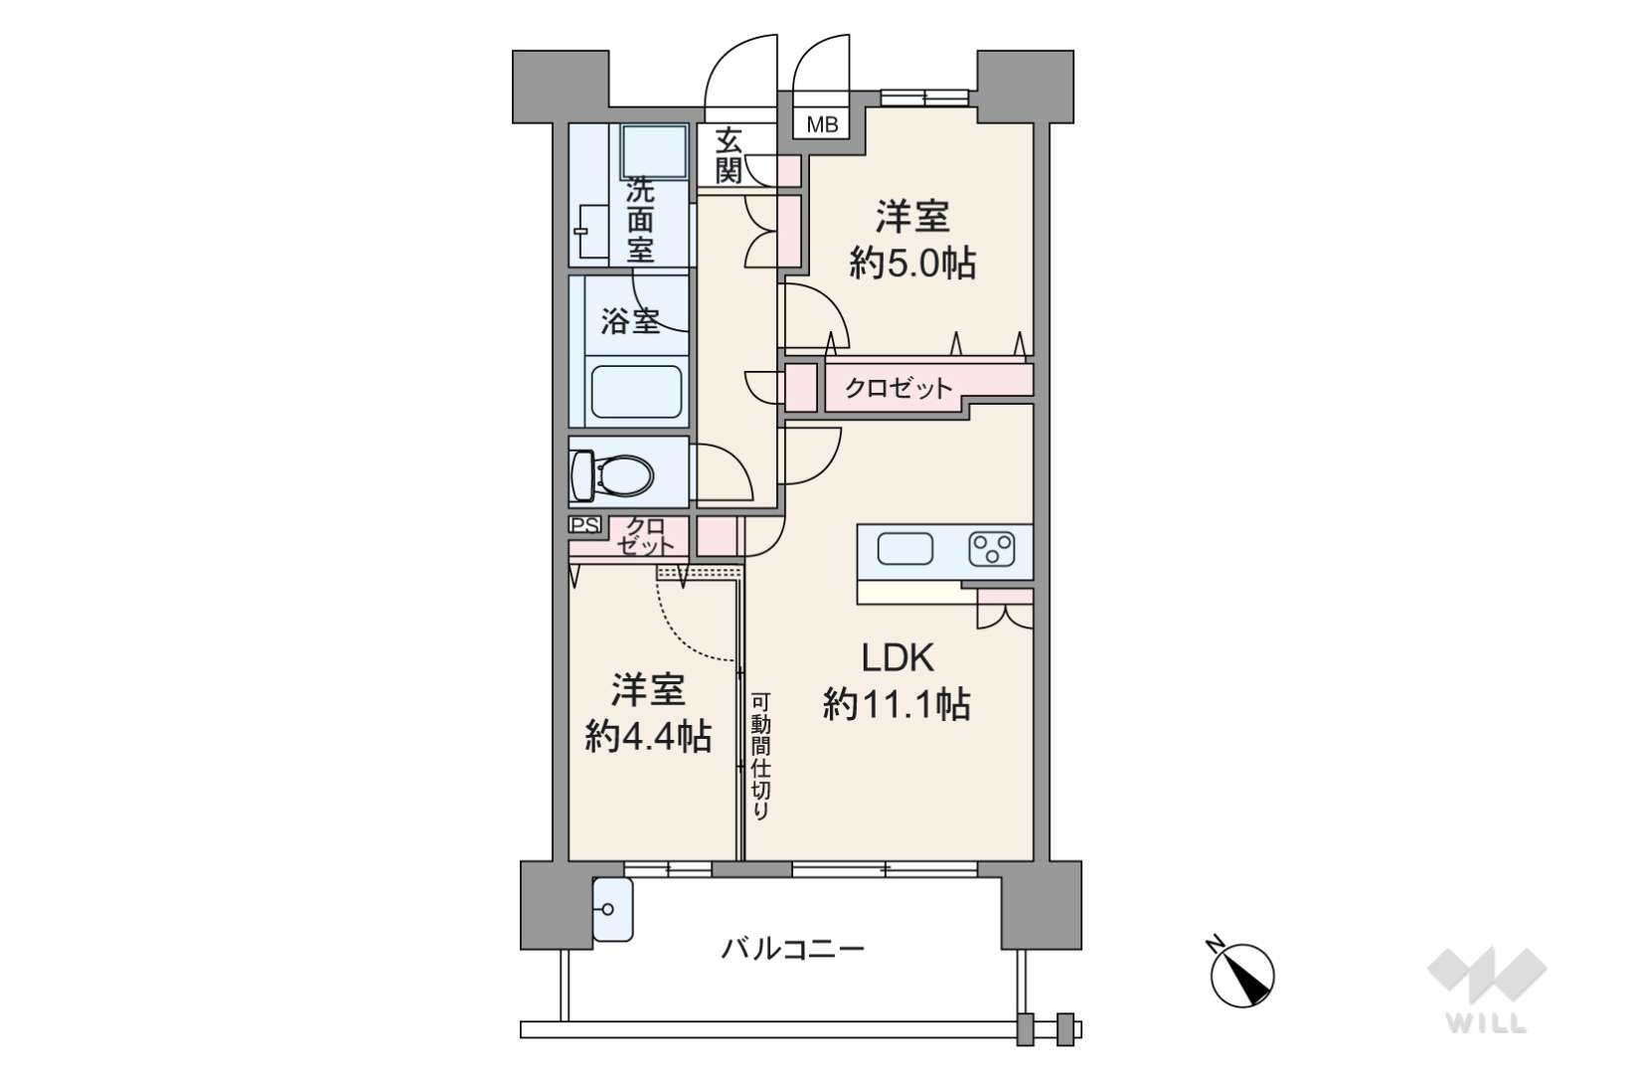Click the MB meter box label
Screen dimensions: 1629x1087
tap(823, 125)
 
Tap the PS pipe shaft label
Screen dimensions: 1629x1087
tap(585, 524)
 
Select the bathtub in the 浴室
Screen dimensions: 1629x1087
tap(637, 392)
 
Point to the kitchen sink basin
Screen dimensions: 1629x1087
tap(905, 549)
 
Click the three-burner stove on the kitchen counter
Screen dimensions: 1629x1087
tap(992, 549)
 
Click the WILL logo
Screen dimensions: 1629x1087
tap(1487, 989)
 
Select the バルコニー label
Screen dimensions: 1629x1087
tap(793, 949)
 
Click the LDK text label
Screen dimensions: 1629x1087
tap(897, 657)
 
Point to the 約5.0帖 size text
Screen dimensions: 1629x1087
tap(912, 263)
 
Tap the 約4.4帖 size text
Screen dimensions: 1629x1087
tap(648, 737)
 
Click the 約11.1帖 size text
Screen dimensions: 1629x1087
tap(896, 704)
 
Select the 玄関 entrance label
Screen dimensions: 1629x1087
tap(728, 156)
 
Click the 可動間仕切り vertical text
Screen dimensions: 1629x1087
tap(760, 757)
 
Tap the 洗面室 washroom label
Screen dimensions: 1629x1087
tap(641, 220)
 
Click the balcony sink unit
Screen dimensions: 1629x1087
tap(612, 909)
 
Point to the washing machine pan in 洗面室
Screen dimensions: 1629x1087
tap(655, 151)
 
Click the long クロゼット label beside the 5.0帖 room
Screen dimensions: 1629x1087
tap(898, 388)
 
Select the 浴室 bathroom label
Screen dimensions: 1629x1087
tap(630, 321)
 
